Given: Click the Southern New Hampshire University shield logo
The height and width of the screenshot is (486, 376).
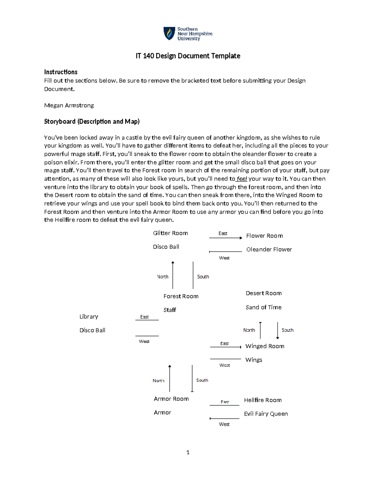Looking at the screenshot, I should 169,33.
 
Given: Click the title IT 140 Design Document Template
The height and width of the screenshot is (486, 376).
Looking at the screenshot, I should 188,56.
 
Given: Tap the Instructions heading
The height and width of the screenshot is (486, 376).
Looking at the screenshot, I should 61,72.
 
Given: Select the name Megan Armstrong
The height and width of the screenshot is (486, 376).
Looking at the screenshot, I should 69,105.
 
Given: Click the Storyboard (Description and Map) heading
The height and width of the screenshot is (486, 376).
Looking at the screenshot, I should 92,121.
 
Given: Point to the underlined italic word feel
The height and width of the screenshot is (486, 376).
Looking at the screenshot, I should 242,179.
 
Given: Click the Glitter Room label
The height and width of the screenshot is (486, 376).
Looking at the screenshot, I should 170,233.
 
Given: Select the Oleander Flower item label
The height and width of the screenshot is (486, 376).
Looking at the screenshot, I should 269,249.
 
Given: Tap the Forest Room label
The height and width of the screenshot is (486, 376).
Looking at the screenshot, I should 181,296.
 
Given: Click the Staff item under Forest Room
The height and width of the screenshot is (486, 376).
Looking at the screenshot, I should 170,310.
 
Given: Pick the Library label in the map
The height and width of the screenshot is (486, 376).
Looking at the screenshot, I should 89,317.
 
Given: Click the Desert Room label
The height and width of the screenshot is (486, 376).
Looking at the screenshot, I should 264,293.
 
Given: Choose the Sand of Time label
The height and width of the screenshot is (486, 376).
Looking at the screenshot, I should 264,307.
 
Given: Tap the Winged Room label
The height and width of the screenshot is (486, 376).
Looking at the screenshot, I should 265,346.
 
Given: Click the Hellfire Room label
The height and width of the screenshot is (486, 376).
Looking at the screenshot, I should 263,400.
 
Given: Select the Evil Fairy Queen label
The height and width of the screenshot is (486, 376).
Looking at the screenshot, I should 266,414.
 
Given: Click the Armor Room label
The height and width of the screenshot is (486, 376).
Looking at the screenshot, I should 171,399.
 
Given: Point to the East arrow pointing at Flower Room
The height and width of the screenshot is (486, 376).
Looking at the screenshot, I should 226,238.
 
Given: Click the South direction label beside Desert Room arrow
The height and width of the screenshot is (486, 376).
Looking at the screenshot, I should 287,330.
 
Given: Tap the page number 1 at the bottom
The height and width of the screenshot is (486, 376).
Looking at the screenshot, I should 188,452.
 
